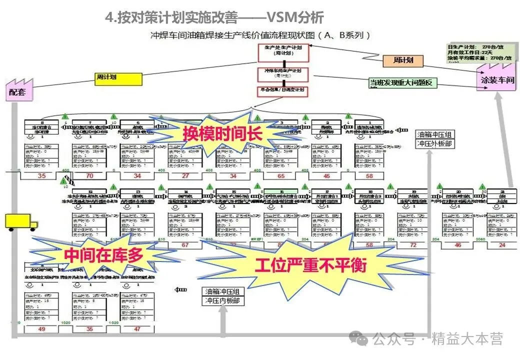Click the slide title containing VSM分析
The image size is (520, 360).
click(214, 17)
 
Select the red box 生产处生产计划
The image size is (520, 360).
click(283, 52)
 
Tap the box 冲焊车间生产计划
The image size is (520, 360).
click(283, 74)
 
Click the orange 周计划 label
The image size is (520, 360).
click(403, 60)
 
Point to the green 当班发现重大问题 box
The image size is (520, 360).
click(402, 83)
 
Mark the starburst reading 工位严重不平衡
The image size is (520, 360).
click(310, 265)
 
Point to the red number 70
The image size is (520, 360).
click(89, 176)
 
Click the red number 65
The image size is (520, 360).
click(281, 176)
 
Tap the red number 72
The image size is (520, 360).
click(413, 245)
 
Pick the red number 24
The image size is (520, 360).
click(502, 245)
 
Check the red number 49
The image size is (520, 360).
click(41, 329)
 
